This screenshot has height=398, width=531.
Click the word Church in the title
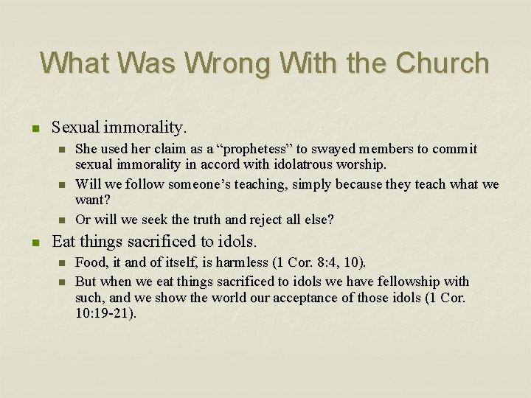tap(442, 63)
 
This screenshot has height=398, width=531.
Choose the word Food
tap(92, 262)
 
